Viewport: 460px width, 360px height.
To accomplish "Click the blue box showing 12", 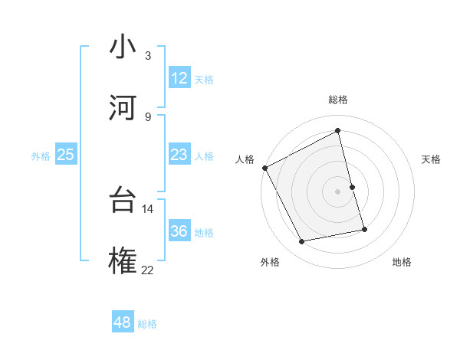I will pyautogui.click(x=179, y=78).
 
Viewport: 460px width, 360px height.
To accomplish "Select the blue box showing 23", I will pyautogui.click(x=179, y=155).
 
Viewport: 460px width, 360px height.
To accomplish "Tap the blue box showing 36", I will pyautogui.click(x=179, y=231).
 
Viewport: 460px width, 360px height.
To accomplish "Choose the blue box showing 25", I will pyautogui.click(x=65, y=155).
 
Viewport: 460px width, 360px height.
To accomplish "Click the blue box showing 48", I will pyautogui.click(x=123, y=322).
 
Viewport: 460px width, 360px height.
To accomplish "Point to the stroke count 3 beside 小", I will pyautogui.click(x=148, y=55).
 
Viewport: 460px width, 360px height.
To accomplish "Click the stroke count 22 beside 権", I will pyautogui.click(x=147, y=269).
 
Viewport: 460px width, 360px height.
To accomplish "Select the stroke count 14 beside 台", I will pyautogui.click(x=147, y=208).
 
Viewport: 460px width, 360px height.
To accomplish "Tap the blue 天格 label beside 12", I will pyautogui.click(x=204, y=79).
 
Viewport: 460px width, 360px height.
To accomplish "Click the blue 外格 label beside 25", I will pyautogui.click(x=41, y=155).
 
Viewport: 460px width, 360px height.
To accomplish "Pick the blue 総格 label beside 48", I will pyautogui.click(x=147, y=323).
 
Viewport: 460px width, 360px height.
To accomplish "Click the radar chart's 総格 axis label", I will pyautogui.click(x=338, y=100).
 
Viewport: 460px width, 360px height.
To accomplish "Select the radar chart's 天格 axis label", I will pyautogui.click(x=432, y=159).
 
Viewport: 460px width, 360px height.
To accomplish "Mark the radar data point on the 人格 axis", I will pyautogui.click(x=264, y=168).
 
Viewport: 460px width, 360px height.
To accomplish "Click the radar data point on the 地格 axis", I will pyautogui.click(x=364, y=228).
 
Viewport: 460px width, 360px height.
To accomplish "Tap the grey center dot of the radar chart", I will pyautogui.click(x=338, y=191).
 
